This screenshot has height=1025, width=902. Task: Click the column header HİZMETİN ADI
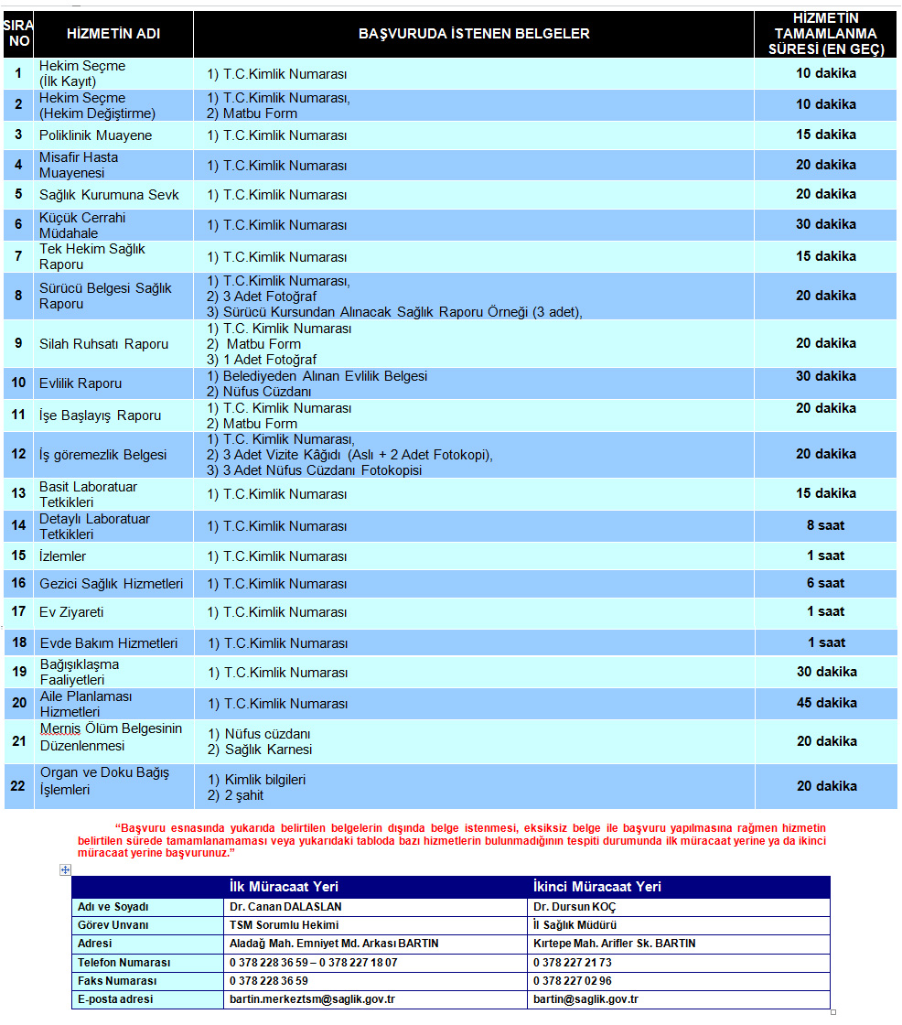113,34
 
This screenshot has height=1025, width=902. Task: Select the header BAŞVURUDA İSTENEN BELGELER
474,34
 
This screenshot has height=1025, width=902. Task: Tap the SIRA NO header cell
18,34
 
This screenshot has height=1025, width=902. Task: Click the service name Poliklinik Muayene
96,135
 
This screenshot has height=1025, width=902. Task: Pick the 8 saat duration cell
825,525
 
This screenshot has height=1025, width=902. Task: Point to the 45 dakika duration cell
825,703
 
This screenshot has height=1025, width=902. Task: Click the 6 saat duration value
825,583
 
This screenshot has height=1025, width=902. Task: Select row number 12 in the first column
18,454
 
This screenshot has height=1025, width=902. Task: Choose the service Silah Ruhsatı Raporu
104,344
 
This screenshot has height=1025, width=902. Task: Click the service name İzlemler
63,556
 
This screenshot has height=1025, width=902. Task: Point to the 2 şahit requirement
244,795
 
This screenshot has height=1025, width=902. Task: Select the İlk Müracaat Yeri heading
275,887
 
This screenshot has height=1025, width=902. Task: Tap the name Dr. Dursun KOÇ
574,907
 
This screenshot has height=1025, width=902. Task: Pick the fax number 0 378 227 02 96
573,981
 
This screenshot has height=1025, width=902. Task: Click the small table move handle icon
65,870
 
